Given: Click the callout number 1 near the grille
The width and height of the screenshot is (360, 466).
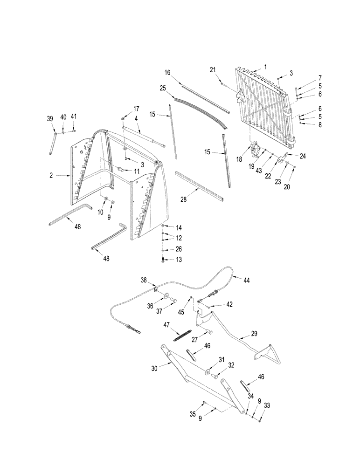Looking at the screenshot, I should coord(265,67).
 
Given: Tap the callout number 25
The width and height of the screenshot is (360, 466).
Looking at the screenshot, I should coord(162,88).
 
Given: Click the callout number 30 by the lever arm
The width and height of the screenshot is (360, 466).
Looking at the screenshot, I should coord(154,368).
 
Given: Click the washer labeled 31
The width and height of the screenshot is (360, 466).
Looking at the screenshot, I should coord(206,371).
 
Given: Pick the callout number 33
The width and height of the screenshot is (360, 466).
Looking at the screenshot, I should coord(267,406).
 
